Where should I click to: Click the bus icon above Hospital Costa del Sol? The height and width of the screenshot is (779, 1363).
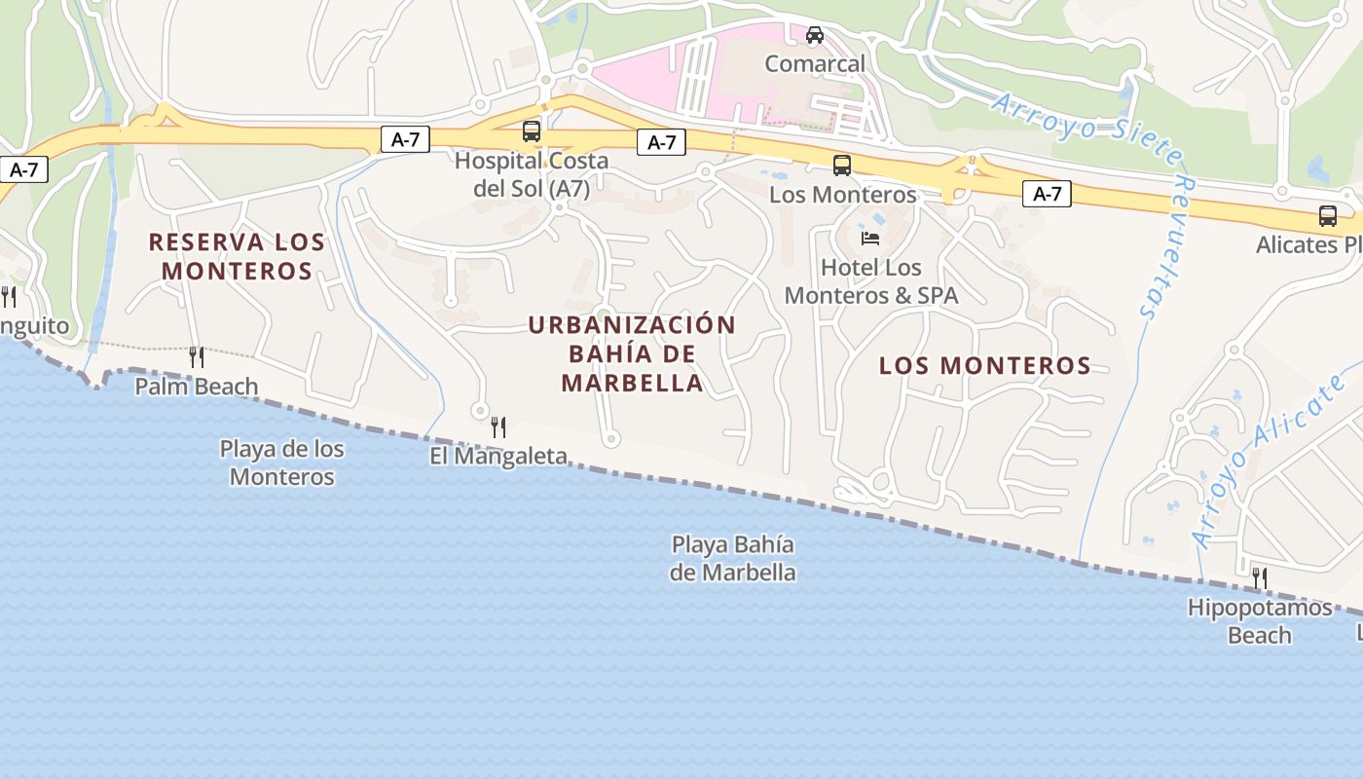532,130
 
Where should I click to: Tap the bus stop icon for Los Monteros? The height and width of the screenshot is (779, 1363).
842,166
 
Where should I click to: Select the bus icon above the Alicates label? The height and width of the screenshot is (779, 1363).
1328,216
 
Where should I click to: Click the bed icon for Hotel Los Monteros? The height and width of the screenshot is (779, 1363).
870,238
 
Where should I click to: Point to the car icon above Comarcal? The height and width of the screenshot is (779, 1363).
815,36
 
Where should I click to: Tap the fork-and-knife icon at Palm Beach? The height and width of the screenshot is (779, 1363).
197,357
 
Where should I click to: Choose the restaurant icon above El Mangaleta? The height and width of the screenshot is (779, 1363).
498,427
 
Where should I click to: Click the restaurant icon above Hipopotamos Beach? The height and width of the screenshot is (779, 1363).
1260,578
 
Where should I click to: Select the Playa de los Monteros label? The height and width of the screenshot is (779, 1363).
282,463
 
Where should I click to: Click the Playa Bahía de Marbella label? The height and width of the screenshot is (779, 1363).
732,558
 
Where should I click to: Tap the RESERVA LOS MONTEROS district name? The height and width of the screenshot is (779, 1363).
237,256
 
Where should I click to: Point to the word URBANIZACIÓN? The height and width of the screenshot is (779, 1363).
633,325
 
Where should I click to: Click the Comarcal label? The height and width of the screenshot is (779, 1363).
815,64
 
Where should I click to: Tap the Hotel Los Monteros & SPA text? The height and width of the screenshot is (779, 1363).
871,280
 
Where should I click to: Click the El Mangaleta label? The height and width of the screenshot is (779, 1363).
498,456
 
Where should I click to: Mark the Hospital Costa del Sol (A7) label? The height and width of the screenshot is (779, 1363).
532,174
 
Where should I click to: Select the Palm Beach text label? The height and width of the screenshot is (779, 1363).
197,387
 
